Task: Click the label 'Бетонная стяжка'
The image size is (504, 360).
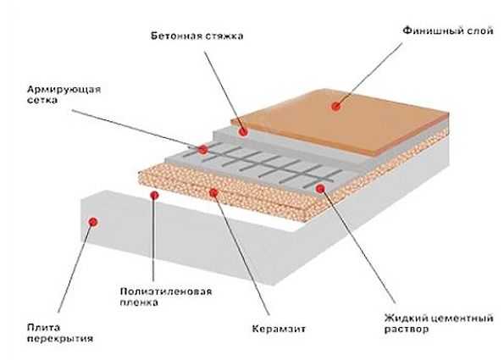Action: pos(197,36)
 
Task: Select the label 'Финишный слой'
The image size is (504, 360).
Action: pos(448,30)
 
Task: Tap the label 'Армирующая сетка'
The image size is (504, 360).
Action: pos(64,95)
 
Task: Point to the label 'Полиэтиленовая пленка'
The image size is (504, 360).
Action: pos(166,296)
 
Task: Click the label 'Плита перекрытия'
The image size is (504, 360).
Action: pos(60,333)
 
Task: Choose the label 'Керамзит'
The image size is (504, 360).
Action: pos(279,329)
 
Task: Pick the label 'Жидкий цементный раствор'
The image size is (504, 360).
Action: pos(439,324)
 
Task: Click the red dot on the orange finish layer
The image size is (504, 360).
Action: pos(336,106)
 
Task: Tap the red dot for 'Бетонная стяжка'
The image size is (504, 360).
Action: pos(243,131)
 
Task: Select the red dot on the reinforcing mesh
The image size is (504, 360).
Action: pos(202,149)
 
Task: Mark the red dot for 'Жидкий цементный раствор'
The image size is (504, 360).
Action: pos(320,189)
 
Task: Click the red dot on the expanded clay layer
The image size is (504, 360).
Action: pos(213,192)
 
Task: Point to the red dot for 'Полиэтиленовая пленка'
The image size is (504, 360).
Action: pos(155,195)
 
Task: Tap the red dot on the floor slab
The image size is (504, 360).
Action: pos(93,222)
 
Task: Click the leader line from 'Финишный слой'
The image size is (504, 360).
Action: pos(369,75)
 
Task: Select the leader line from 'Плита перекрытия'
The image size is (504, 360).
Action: pos(75,267)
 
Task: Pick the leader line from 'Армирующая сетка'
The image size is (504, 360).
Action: pos(137,130)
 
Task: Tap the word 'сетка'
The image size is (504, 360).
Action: pos(42,100)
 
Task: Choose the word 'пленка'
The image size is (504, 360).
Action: pos(139,302)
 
